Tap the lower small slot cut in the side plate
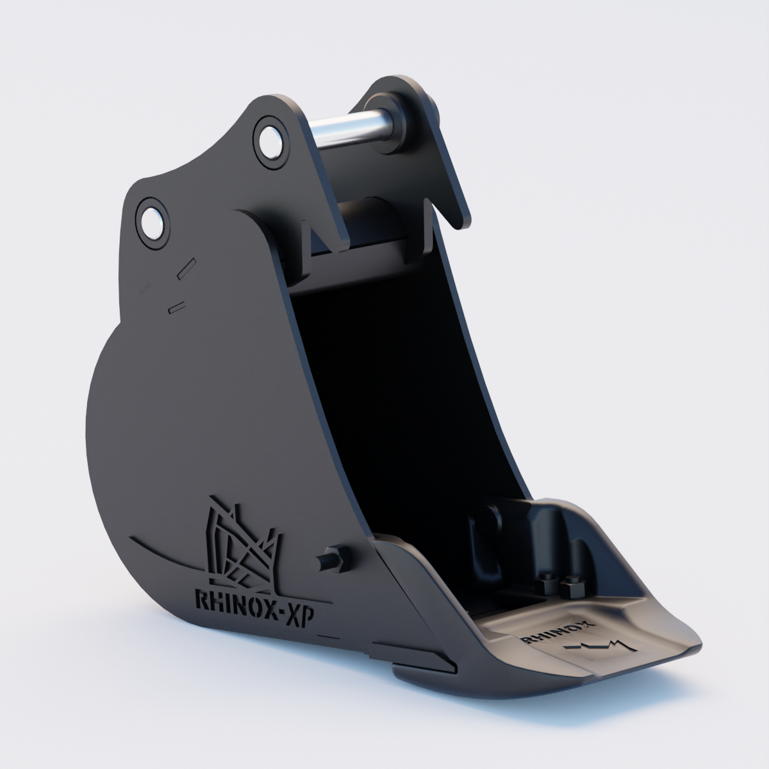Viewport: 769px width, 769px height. tap(176, 307)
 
